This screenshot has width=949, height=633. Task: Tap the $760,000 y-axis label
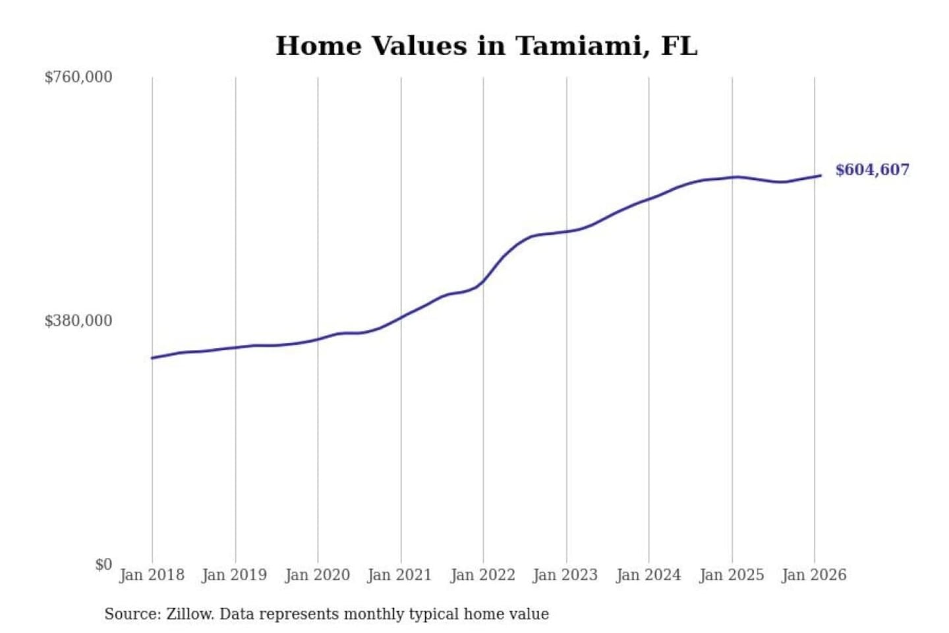pos(78,77)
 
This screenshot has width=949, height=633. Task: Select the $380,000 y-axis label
pos(78,321)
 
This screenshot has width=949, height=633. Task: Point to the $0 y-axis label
pos(103,564)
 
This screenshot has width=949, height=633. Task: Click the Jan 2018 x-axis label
pos(152,575)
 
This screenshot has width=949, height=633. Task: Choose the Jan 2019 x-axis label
pos(234,575)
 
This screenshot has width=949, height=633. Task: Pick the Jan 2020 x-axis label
pos(317,575)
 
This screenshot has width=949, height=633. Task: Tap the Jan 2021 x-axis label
pos(399,575)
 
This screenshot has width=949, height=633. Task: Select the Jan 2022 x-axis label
pos(482,575)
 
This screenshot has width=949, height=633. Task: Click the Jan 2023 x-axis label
pos(565,575)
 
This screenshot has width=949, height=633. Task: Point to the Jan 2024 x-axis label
pos(648,575)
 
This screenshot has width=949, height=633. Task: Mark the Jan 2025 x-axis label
pos(731,575)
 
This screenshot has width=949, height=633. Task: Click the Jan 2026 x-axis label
pos(813,575)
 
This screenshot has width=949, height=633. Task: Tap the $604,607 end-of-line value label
pos(872,170)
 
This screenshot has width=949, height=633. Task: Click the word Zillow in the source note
pos(189,615)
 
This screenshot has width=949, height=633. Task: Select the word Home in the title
pos(318,46)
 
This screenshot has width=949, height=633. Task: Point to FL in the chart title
pos(679,46)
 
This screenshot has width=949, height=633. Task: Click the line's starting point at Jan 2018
pos(152,358)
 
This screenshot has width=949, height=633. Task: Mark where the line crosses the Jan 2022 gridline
pos(483,281)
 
